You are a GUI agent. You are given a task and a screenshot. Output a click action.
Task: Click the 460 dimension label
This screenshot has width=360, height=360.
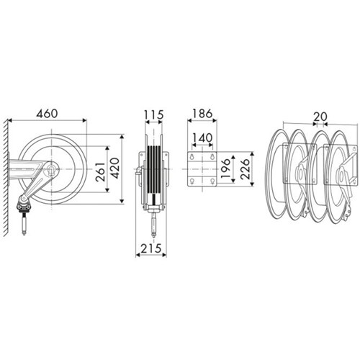point(47,113)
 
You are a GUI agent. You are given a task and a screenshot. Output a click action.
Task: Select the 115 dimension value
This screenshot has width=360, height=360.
point(153,114)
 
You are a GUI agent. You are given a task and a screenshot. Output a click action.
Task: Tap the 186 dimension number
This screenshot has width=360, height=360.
point(202,114)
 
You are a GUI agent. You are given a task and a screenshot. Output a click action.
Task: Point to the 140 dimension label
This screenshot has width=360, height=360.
point(202,138)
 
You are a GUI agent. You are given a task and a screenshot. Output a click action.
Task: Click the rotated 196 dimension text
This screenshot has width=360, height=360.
point(225,168)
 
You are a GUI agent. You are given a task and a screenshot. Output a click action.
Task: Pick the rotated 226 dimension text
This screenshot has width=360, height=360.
point(245,168)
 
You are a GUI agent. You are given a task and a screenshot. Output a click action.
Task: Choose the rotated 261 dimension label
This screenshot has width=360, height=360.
point(100,172)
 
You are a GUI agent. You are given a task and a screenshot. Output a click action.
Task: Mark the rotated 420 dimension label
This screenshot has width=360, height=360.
point(114,168)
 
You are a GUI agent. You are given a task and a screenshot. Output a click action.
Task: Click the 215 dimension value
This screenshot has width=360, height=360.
point(150,248)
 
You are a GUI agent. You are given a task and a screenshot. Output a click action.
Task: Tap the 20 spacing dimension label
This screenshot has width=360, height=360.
point(320,117)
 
